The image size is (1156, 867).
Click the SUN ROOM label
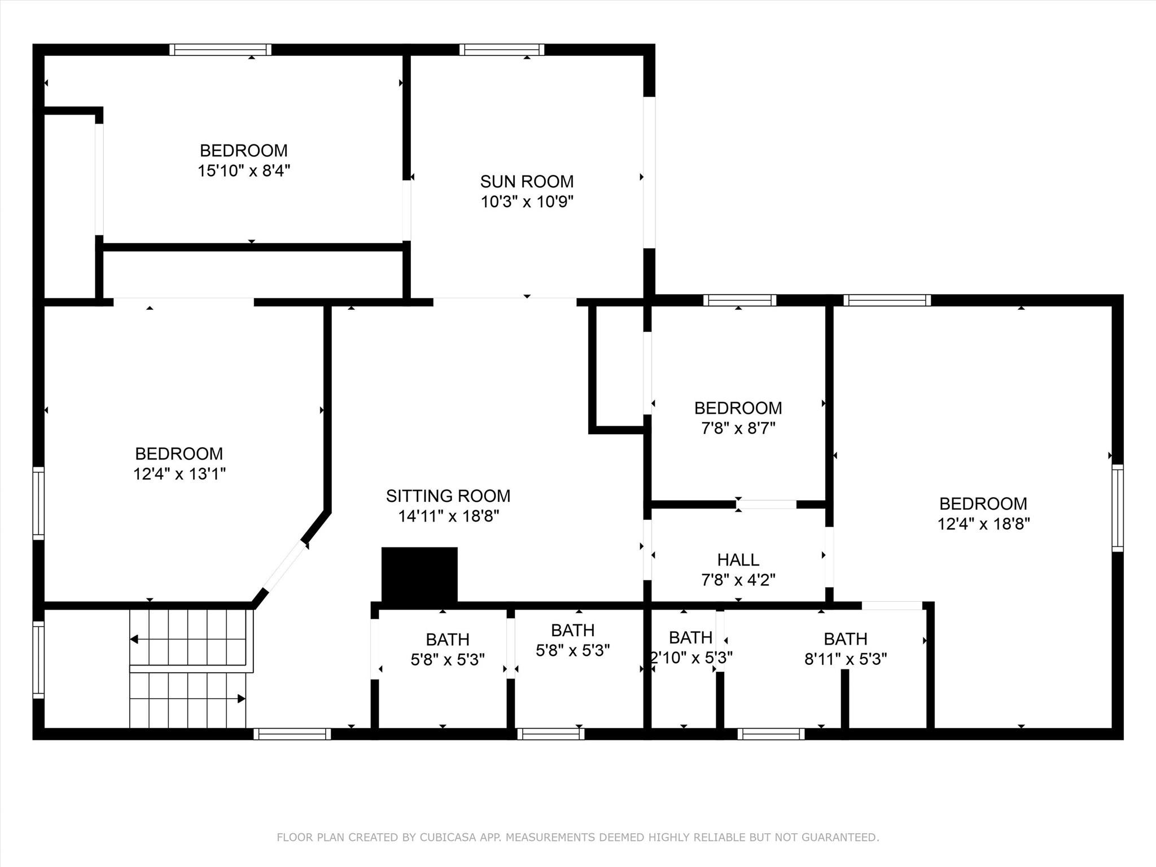(x=527, y=181)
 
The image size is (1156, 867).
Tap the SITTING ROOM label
(x=448, y=496)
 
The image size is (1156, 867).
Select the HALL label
(x=738, y=559)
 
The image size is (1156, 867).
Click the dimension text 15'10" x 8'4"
(x=244, y=170)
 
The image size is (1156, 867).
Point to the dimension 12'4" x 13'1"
(x=179, y=474)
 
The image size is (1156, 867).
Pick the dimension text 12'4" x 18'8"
(x=983, y=524)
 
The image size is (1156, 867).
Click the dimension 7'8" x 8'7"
(x=738, y=428)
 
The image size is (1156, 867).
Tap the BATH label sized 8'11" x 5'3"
(x=845, y=638)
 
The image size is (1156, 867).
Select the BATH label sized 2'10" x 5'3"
(x=690, y=637)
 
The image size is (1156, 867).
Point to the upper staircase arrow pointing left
(x=134, y=640)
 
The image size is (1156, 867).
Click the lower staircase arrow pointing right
(x=241, y=699)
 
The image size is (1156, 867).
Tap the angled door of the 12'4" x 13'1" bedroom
(x=285, y=566)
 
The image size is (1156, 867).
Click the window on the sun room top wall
(x=502, y=50)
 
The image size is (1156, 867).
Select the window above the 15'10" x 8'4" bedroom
(x=220, y=50)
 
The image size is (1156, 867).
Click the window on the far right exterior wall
(x=1117, y=507)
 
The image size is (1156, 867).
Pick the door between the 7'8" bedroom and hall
(x=767, y=504)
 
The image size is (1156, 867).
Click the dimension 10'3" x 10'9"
(x=527, y=202)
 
